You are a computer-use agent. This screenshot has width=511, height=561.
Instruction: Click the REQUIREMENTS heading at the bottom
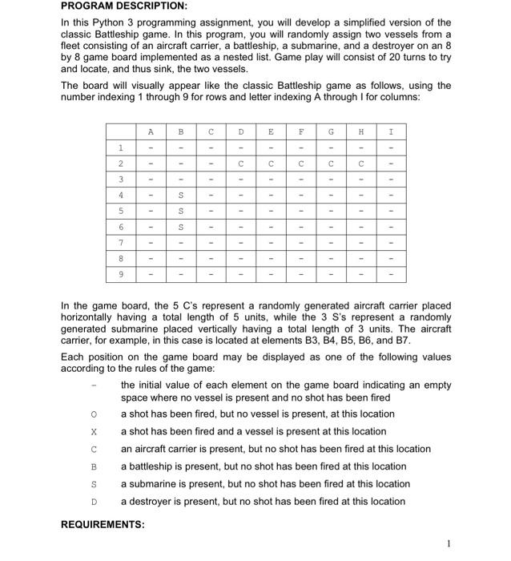103,524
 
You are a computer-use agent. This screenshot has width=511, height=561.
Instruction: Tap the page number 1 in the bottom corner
450,543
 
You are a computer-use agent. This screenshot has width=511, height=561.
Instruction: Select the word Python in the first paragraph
108,22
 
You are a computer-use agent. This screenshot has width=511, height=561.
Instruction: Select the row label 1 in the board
121,147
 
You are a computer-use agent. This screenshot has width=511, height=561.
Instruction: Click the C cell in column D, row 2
240,165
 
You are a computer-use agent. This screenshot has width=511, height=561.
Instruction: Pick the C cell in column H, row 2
360,165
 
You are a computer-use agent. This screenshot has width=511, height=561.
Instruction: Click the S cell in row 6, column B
180,228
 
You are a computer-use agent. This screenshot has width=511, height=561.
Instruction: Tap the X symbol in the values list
94,431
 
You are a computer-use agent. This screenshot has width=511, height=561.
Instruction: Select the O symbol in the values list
94,414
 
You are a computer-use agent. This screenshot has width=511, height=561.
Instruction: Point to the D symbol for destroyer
94,502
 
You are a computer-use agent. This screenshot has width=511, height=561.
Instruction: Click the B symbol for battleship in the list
94,466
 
